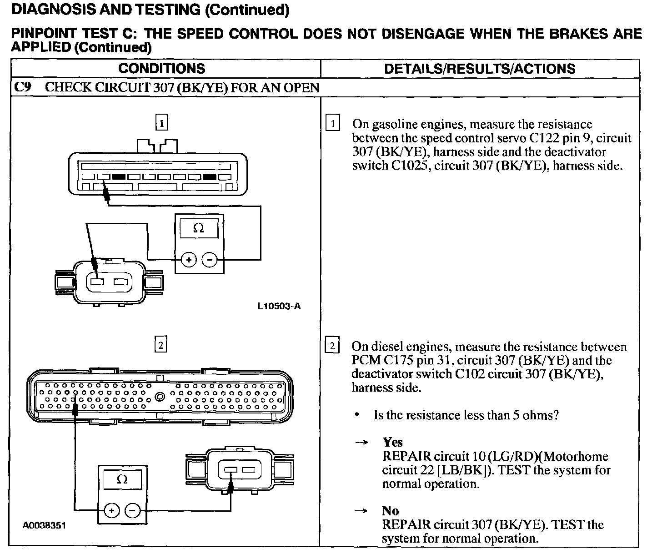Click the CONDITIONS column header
(x=161, y=69)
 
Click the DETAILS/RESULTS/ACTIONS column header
(x=480, y=69)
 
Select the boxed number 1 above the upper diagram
(x=161, y=122)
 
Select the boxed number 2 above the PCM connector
(x=160, y=345)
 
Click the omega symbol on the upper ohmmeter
(x=199, y=228)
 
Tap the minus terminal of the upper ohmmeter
(x=210, y=260)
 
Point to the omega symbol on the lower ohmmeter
(x=122, y=479)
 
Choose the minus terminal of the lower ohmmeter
(x=132, y=510)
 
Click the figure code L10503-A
(x=279, y=306)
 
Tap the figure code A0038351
(x=45, y=525)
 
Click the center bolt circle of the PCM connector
(x=160, y=397)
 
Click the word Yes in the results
(x=392, y=442)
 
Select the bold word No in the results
(x=390, y=511)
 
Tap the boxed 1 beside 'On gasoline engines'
(x=333, y=124)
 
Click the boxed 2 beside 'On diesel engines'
(x=333, y=346)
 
